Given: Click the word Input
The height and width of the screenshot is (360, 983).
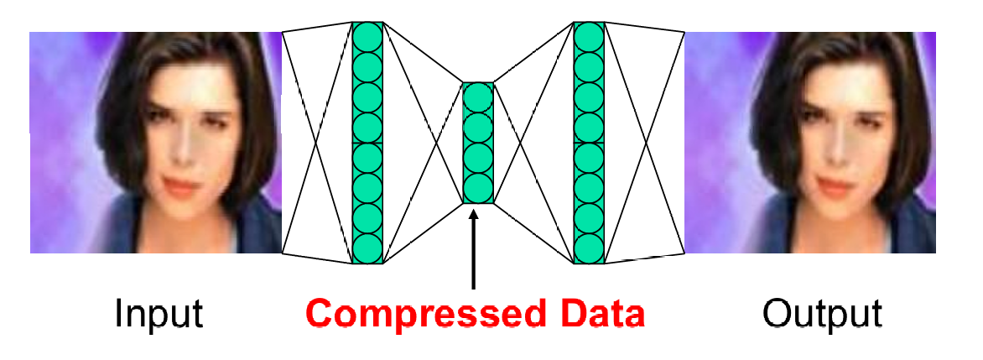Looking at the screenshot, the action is [x=158, y=314].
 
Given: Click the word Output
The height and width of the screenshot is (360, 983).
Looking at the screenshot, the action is [x=822, y=314].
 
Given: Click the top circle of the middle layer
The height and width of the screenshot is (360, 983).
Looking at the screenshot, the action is [x=477, y=98].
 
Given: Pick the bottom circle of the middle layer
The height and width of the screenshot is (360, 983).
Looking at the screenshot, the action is [x=477, y=187].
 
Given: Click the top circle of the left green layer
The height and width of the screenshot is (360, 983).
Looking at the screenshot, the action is [x=367, y=38].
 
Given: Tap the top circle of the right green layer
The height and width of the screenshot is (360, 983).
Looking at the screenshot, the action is [x=589, y=38].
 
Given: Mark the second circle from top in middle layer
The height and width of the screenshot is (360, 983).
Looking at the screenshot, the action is [x=477, y=128].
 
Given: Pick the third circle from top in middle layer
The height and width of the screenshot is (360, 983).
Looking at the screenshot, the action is [x=477, y=158].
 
